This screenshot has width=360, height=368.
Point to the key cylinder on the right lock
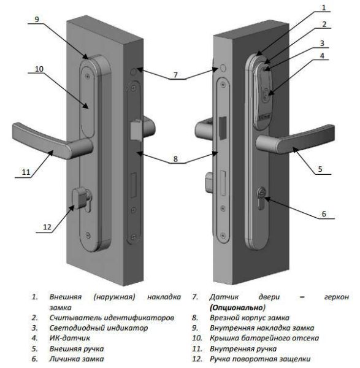263,197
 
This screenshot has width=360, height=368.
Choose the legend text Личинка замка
77,358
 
